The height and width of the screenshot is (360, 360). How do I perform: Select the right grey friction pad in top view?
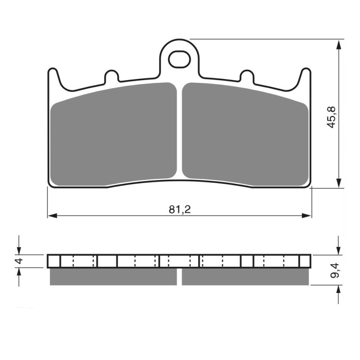pyautogui.click(x=245, y=135)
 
